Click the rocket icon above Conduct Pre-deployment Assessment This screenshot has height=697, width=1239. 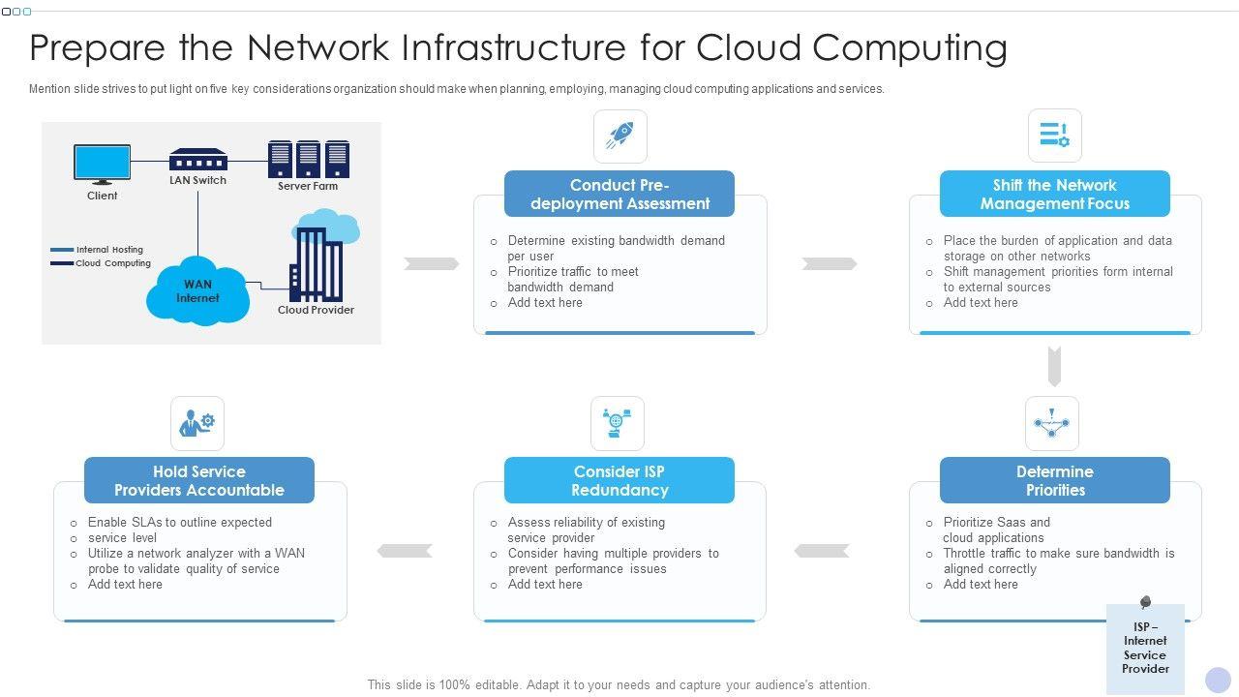[619, 136]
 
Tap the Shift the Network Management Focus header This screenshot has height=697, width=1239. [1054, 194]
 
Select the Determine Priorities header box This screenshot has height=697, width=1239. [1054, 480]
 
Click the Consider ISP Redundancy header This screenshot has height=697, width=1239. [619, 480]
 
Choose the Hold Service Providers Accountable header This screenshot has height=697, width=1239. [198, 480]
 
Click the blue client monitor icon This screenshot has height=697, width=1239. [102, 165]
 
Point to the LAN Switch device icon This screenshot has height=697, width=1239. [197, 160]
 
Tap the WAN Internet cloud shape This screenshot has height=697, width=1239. [197, 290]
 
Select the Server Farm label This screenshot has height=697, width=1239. [308, 186]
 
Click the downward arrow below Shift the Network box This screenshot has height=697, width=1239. [1054, 366]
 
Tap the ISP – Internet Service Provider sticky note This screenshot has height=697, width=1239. [1145, 648]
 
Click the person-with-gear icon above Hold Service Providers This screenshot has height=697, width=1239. [197, 423]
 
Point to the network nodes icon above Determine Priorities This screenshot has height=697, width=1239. [1051, 423]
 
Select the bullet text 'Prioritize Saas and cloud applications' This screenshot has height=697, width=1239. [996, 530]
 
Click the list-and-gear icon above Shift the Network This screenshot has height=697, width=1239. [1054, 136]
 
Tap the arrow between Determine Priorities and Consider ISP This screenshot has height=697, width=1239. [821, 551]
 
